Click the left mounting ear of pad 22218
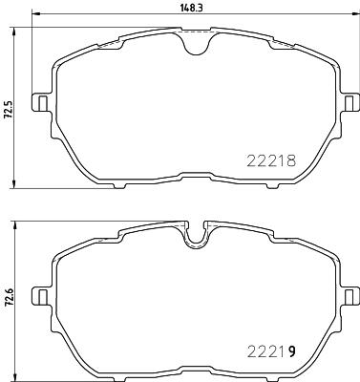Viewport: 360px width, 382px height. (41, 101)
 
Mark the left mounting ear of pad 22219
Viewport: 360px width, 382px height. (41, 292)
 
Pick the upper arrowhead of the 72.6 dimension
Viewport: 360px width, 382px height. (17, 224)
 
